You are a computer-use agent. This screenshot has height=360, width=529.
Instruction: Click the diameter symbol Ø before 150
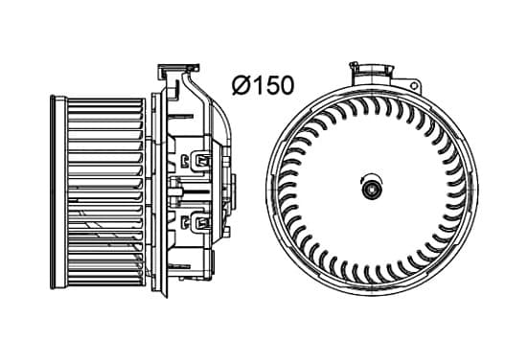point(241,85)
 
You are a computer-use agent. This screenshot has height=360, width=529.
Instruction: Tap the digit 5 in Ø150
point(266,85)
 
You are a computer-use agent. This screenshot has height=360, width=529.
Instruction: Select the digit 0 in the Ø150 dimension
point(285,85)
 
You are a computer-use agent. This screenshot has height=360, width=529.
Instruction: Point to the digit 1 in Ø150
point(255,85)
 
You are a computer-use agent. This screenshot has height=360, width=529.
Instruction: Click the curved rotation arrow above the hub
point(372,176)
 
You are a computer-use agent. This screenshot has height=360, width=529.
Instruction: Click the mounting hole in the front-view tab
point(414,85)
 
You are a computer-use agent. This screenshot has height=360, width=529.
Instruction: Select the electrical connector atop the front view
point(372,74)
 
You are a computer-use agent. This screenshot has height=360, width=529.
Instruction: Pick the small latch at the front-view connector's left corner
point(354,65)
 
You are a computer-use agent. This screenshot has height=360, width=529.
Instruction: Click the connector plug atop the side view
point(178,72)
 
